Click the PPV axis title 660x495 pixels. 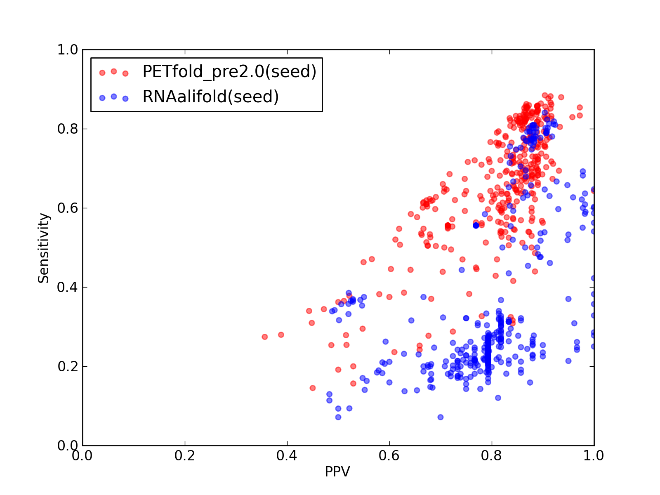(x=337, y=471)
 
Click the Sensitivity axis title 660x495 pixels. (x=44, y=248)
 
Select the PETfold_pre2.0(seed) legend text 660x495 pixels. (x=229, y=72)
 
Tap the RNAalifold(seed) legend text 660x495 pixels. (x=211, y=97)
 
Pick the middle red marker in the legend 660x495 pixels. (x=114, y=71)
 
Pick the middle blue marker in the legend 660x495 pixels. (x=114, y=97)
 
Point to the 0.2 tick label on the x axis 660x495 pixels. (x=185, y=456)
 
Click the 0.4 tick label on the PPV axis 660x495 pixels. (x=287, y=456)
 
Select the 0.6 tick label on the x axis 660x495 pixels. (x=389, y=456)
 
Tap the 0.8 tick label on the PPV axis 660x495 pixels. (x=491, y=456)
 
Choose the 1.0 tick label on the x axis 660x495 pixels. (x=594, y=456)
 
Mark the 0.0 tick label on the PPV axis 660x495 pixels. (x=82, y=456)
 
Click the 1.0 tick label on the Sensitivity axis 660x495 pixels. (x=68, y=49)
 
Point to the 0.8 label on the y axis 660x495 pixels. (x=68, y=129)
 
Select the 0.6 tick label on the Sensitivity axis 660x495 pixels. (x=68, y=208)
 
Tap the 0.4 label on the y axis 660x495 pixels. (x=68, y=288)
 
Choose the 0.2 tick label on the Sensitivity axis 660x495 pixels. (x=68, y=366)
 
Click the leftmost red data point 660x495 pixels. (x=264, y=337)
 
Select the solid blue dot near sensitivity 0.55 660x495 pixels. (x=476, y=225)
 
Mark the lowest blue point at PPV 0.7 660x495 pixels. (x=441, y=417)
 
